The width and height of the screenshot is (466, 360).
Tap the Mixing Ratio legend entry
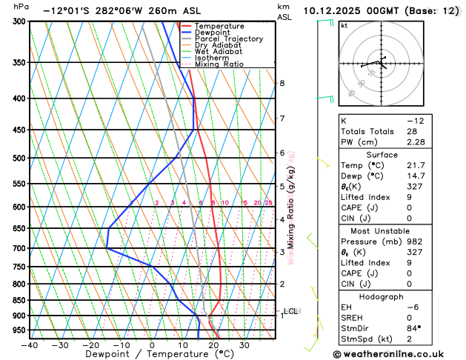(219, 64)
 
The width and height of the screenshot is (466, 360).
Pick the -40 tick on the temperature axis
(29, 345)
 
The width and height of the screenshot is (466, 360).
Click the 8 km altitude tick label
(282, 83)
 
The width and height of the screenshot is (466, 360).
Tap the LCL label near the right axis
(290, 311)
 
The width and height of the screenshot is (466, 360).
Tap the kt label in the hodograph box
(344, 26)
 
